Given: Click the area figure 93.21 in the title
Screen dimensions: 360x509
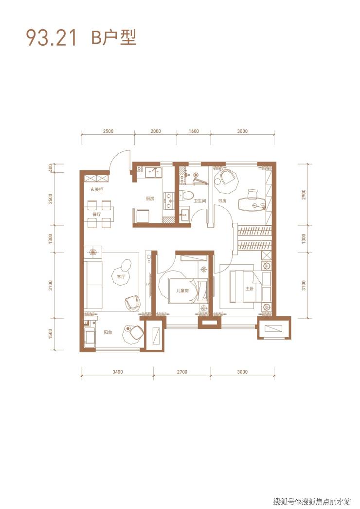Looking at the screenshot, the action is coord(51,37).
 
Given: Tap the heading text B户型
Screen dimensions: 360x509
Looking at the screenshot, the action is coord(114,37).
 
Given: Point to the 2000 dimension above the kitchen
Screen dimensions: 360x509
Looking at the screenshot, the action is coord(156,131).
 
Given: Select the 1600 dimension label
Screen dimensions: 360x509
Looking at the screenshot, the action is coord(194,131).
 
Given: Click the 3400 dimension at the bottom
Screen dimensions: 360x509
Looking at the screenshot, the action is coord(118,372).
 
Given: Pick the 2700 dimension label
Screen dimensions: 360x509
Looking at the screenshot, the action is coord(182,372).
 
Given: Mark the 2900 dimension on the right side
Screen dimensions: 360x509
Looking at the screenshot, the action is coord(304,195).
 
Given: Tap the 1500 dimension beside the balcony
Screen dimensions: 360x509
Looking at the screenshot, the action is coord(50,334).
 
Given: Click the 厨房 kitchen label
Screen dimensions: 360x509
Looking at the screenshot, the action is coord(150,199).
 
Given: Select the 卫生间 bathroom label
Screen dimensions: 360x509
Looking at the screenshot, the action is coord(199,201).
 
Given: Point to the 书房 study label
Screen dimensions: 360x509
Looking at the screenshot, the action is coord(222,201).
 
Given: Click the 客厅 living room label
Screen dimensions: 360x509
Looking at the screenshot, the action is coord(121,276).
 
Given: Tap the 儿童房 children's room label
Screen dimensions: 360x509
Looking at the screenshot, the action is coord(182,291).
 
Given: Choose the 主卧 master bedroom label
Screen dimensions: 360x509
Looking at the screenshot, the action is coord(249,288).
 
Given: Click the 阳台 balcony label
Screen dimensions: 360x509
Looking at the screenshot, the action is coord(108,332).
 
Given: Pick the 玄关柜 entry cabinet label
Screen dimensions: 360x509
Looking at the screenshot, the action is coord(97,189).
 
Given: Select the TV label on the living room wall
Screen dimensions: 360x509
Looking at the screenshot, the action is coord(148,284).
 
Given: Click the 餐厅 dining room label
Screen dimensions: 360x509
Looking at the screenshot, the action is coord(96,214).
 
